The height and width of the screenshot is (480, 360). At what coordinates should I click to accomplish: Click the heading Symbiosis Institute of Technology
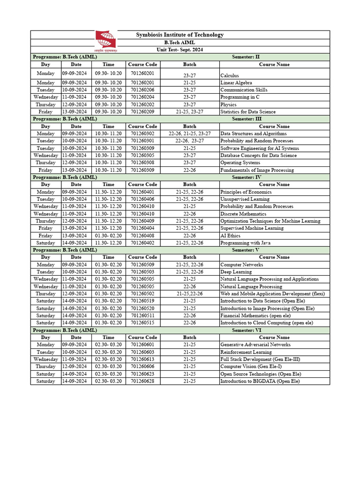click(x=180, y=35)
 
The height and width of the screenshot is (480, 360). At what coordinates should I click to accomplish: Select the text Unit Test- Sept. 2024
click(x=180, y=50)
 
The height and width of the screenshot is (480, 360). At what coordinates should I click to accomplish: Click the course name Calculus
click(x=230, y=75)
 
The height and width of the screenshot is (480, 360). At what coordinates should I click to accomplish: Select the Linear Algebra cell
click(x=236, y=82)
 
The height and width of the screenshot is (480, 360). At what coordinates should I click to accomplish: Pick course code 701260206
click(x=142, y=90)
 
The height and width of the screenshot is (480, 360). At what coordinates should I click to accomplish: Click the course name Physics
click(x=228, y=105)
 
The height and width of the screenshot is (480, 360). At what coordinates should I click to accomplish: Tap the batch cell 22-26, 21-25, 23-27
click(x=190, y=134)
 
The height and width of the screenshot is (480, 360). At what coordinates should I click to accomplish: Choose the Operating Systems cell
click(x=240, y=163)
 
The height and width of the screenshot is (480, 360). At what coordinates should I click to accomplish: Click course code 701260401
click(x=142, y=192)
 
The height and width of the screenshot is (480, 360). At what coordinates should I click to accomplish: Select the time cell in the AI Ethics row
click(x=108, y=235)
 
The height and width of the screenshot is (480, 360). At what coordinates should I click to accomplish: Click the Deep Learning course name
click(x=236, y=272)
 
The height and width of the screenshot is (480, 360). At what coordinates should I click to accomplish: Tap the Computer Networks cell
click(x=242, y=265)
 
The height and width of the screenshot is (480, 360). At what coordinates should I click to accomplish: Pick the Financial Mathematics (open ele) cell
click(x=255, y=315)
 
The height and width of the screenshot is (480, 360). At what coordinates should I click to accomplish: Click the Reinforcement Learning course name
click(x=246, y=352)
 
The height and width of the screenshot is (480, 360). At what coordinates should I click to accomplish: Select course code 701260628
click(x=142, y=381)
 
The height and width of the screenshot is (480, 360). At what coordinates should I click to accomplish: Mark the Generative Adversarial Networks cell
click(x=255, y=345)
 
